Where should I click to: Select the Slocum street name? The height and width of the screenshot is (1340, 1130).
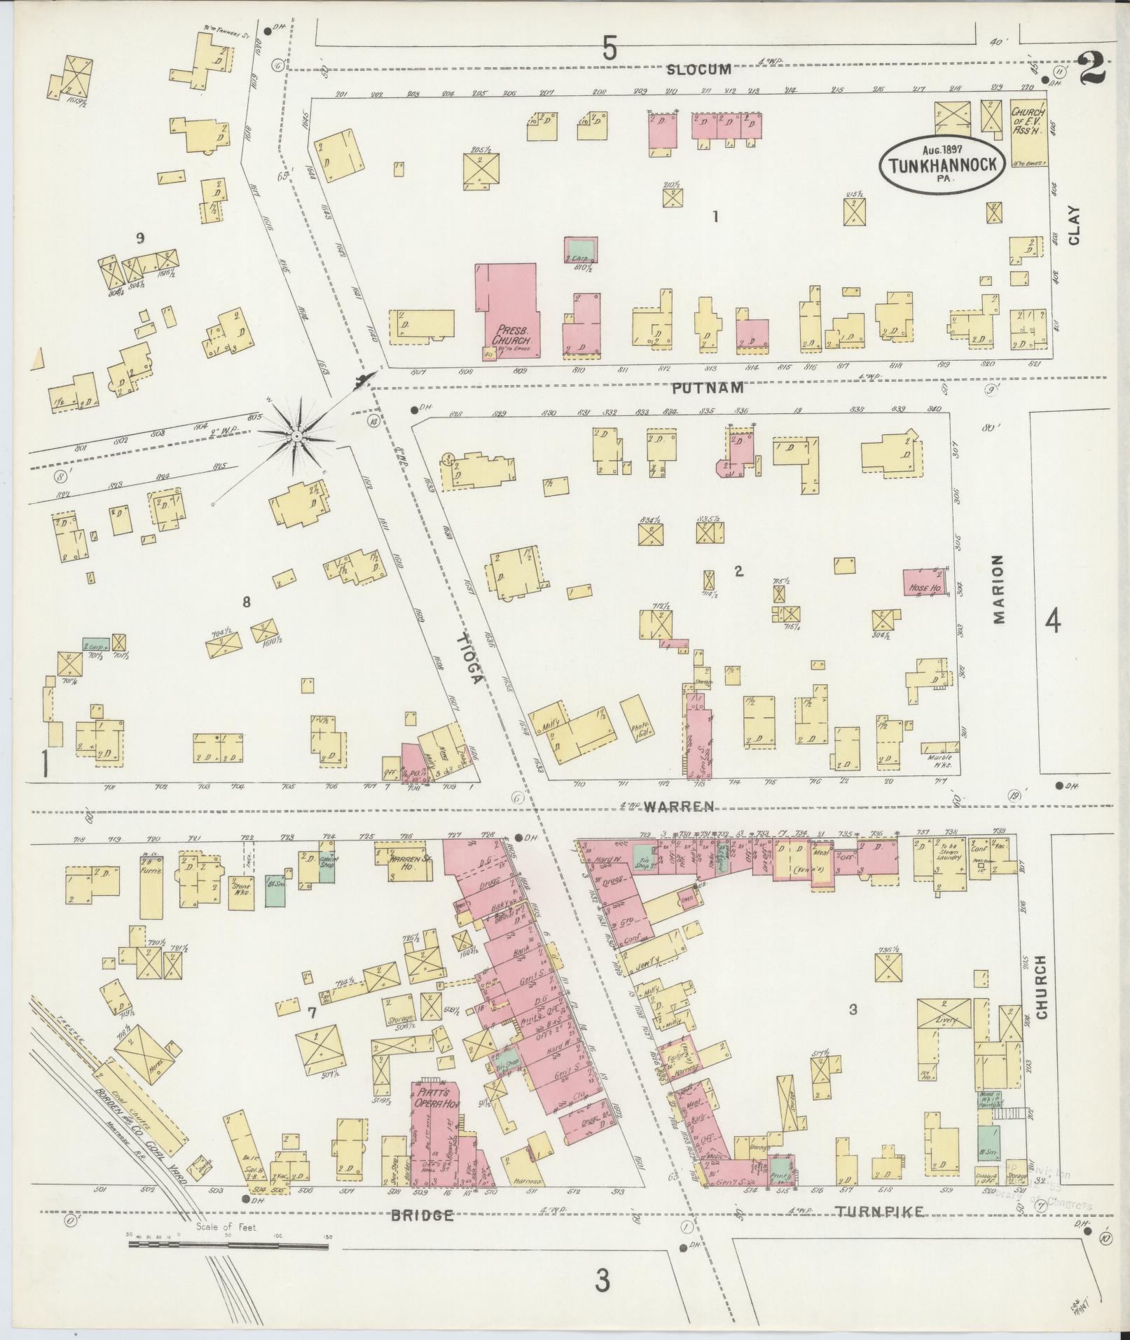click(x=698, y=69)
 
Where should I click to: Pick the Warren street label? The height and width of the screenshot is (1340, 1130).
click(x=680, y=806)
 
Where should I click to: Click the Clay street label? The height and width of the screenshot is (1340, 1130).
click(x=1074, y=225)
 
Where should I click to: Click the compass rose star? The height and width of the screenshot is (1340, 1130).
click(x=297, y=436)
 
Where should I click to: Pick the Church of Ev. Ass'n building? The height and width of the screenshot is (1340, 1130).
click(x=1028, y=133)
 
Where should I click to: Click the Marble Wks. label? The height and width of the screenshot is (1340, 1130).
click(x=941, y=760)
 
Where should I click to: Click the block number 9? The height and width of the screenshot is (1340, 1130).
click(x=140, y=238)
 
